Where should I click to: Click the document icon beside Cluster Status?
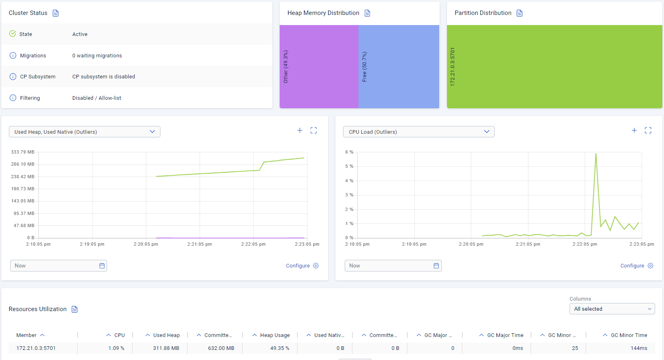(x=56, y=13)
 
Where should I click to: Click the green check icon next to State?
(x=13, y=34)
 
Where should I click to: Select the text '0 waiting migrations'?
(x=97, y=56)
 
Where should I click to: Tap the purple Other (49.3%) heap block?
(x=319, y=67)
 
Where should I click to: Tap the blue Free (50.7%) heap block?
(x=398, y=67)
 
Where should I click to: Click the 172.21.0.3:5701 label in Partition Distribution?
(x=453, y=67)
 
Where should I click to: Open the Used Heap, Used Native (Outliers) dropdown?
(x=84, y=132)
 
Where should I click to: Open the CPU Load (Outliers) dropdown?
(x=419, y=132)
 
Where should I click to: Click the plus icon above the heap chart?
(x=300, y=131)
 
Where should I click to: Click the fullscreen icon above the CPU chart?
(x=648, y=131)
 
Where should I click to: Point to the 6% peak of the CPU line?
(x=596, y=154)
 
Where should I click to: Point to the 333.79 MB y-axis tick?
(x=23, y=152)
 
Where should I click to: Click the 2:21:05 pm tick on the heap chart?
(x=200, y=244)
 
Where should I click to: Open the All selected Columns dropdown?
(x=612, y=309)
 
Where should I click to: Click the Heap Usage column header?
(x=275, y=335)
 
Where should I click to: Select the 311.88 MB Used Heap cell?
(x=166, y=348)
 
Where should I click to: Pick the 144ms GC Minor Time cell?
(x=639, y=348)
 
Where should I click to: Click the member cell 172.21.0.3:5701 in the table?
(x=36, y=348)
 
